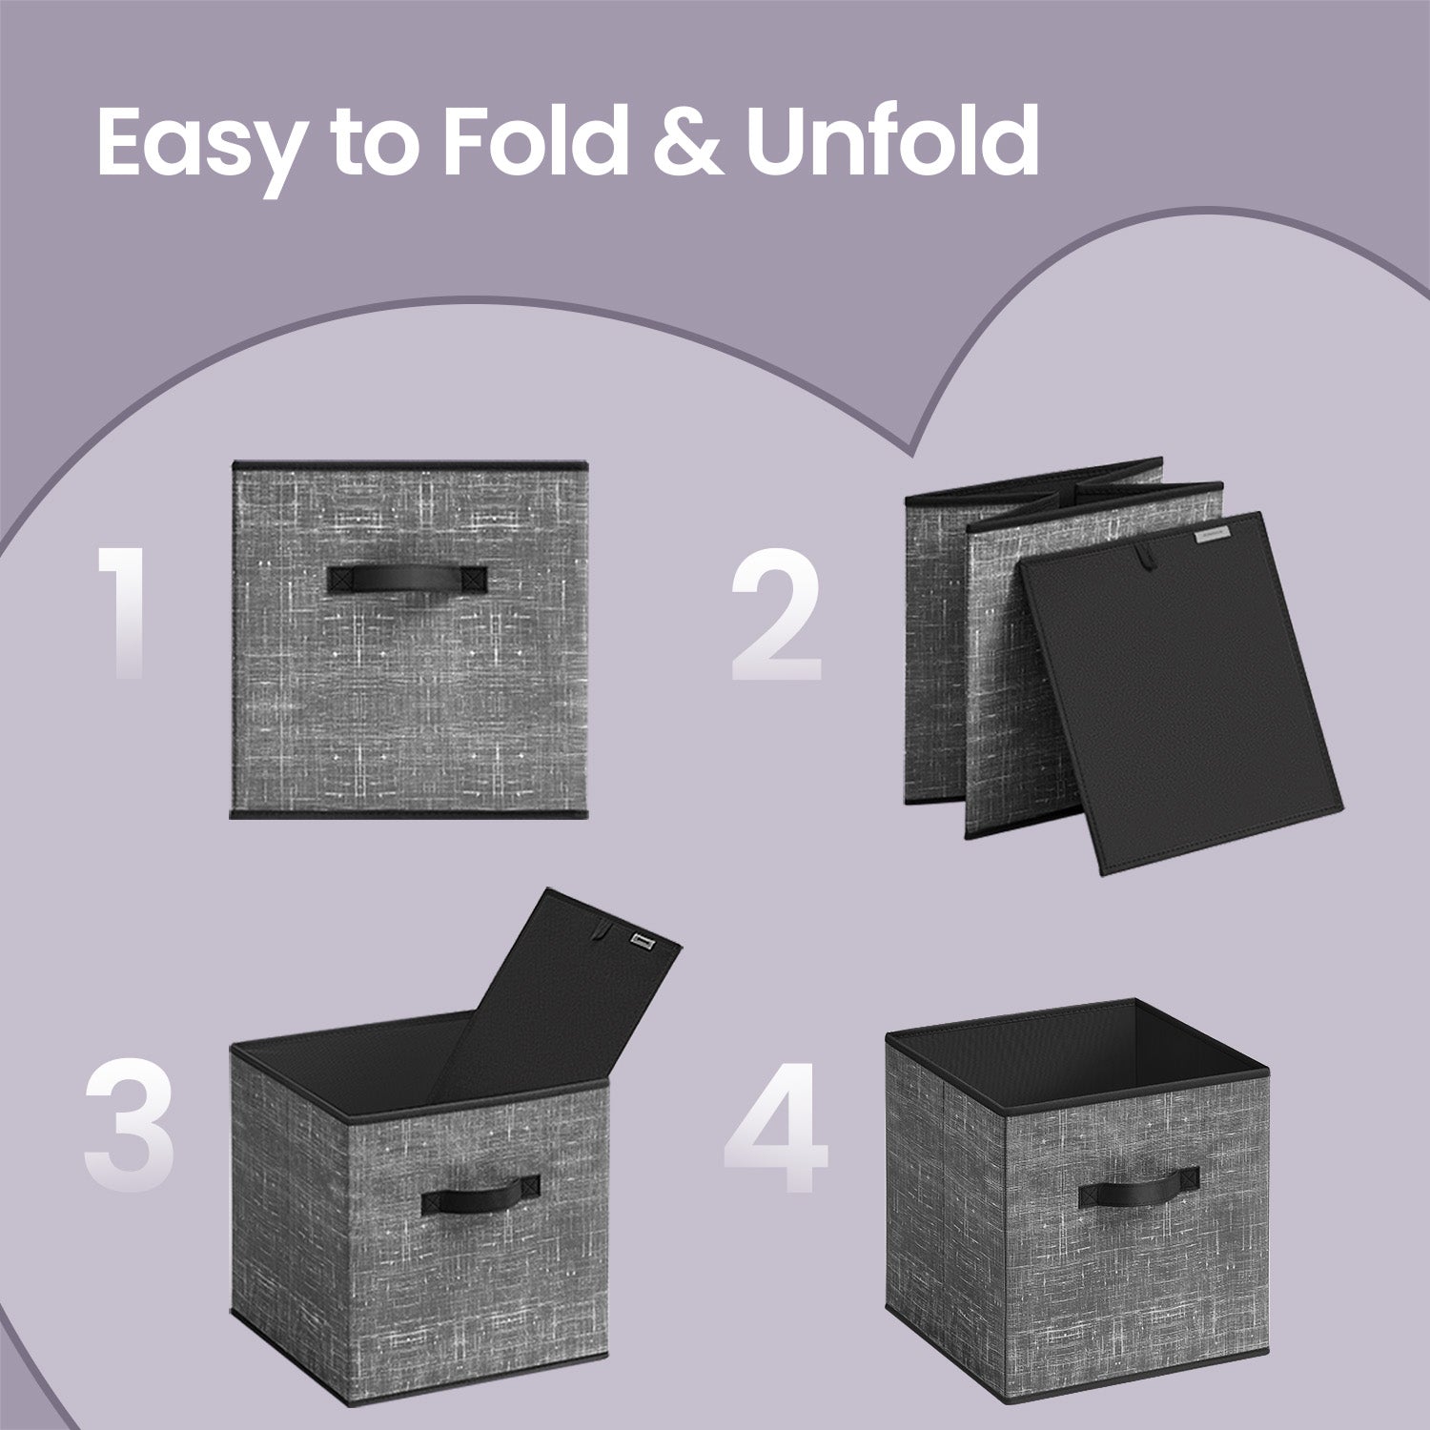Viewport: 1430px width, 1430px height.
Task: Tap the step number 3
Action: (x=129, y=1126)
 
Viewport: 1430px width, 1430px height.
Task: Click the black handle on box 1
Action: (x=407, y=580)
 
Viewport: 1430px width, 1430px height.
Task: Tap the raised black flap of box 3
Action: (x=562, y=991)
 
